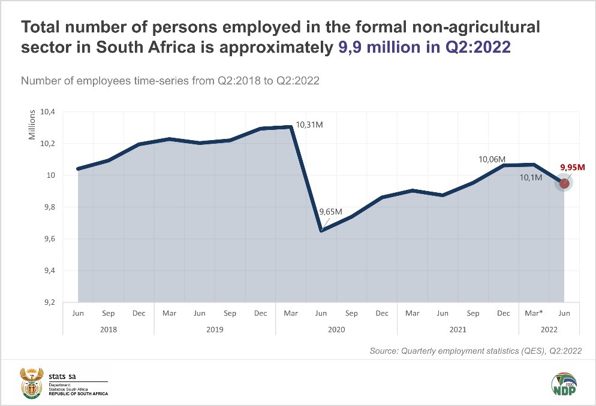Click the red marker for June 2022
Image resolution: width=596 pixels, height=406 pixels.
[564, 183]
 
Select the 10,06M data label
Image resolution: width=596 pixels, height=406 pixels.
[491, 159]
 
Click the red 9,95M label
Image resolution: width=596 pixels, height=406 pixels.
[573, 168]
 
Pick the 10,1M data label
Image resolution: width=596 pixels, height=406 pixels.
[530, 178]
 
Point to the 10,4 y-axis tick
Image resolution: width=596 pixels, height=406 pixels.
[47, 112]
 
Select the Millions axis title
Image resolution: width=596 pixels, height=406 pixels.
[32, 125]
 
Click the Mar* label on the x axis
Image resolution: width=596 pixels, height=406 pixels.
[534, 313]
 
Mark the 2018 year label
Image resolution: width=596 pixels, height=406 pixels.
[108, 329]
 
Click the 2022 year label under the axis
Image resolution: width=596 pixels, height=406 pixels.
[549, 329]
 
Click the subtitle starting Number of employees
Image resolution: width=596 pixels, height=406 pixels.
[170, 81]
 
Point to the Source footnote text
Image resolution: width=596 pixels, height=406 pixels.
[475, 351]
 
